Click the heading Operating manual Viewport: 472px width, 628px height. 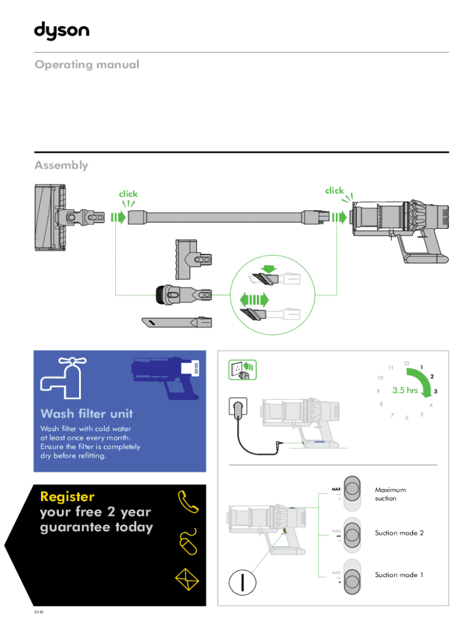(x=87, y=64)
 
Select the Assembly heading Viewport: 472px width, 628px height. (x=61, y=165)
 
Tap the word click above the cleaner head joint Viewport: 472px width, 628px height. (x=128, y=194)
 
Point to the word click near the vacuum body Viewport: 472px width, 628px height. (x=335, y=190)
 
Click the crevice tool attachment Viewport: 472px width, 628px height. (x=177, y=321)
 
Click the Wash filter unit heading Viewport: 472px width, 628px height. (x=86, y=413)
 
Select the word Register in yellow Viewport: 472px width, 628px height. (x=67, y=496)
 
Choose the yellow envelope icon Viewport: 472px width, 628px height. (x=187, y=578)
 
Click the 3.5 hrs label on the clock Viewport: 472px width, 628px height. (x=405, y=390)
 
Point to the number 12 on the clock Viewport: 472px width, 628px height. (x=407, y=364)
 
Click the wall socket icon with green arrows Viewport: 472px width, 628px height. (x=242, y=369)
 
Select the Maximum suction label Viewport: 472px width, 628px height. (x=390, y=494)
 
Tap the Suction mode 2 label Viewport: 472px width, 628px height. (x=399, y=533)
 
